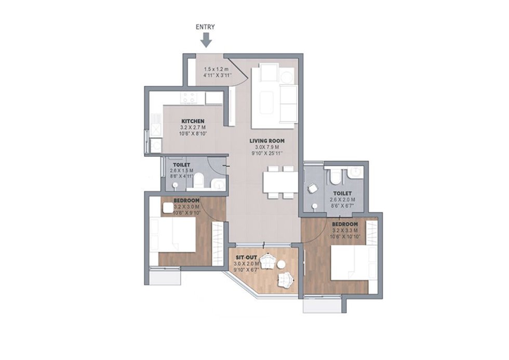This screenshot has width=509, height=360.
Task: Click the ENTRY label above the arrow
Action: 205,27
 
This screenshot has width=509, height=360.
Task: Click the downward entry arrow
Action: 206,41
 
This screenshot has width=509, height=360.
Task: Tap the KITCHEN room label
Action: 193,121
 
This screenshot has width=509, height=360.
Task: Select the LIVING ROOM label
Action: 267,141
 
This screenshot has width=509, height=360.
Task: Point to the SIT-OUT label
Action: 247,258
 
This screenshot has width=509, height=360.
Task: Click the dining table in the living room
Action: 280,182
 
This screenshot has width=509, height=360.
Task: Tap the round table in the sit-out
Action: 281,264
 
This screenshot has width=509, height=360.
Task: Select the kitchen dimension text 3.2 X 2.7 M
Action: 193,127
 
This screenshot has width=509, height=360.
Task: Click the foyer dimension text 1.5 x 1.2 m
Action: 216,69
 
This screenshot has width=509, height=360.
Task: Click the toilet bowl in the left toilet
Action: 198,180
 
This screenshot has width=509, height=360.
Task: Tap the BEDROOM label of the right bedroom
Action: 345,224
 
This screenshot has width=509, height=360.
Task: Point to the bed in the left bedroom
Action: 173,234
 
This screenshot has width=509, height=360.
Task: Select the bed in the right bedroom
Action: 354,262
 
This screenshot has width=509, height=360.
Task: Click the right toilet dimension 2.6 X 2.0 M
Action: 342,199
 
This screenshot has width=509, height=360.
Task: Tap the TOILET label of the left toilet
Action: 181,165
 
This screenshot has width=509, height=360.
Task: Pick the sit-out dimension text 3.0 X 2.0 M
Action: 247,263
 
